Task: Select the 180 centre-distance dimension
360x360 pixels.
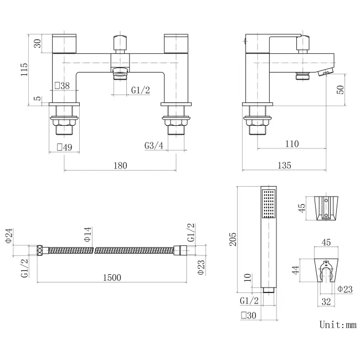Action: pos(121,165)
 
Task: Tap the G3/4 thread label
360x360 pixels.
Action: pos(153,146)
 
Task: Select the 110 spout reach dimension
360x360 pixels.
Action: pos(291,144)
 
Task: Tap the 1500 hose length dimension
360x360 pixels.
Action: pos(112,277)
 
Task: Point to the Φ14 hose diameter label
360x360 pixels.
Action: pos(87,235)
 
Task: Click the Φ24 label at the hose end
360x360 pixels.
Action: pos(9,236)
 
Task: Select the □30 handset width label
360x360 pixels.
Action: pos(248,315)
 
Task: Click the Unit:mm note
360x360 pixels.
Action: pos(337,325)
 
